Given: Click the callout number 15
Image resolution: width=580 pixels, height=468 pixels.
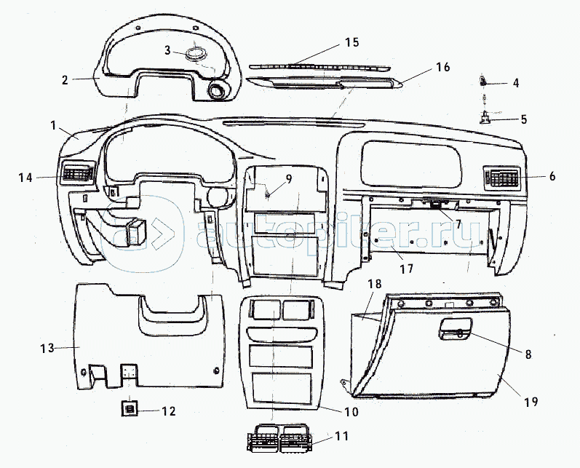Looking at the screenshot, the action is point(352,42).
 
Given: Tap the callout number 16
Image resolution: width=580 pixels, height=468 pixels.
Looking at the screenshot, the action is point(442,67).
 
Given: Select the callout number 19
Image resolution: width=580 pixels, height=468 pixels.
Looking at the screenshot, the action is point(531,402).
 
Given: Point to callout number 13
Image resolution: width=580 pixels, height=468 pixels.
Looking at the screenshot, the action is point(47,348).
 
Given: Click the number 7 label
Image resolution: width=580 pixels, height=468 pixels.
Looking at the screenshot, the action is point(458,224).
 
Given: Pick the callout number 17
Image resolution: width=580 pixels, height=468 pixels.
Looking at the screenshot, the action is point(407,269).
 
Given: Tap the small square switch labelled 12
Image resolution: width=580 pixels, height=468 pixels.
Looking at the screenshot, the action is point(130,409).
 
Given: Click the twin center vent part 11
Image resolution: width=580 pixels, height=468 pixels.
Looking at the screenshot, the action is point(280,439).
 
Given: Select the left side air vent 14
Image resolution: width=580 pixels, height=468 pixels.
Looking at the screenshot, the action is point(77,172).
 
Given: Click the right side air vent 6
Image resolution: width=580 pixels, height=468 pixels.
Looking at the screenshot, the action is point(501,177).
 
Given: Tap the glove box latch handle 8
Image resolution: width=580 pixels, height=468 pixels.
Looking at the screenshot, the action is point(456,329).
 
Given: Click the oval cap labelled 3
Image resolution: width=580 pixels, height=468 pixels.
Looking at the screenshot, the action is point(196,53).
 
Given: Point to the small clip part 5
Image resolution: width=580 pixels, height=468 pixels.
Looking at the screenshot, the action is point(485,118).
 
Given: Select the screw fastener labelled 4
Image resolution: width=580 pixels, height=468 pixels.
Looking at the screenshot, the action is point(483,81).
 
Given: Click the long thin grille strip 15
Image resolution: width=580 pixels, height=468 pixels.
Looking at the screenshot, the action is point(319,66).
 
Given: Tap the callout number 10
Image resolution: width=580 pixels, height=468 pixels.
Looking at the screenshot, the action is point(351,411).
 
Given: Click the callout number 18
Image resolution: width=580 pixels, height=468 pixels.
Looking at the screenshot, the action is point(374,284).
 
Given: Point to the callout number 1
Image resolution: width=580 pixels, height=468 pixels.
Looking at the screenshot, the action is point(53,126).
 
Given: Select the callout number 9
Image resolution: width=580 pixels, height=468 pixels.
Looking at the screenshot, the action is point(288,179).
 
